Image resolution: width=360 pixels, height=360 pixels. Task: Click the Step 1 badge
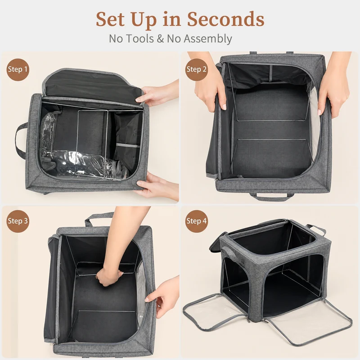pyautogui.click(x=18, y=69)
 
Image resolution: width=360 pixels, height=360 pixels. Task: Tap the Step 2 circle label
pyautogui.click(x=197, y=69)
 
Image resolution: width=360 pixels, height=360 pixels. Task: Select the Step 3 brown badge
pyautogui.click(x=18, y=221)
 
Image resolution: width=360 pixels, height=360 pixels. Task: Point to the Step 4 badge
pyautogui.click(x=197, y=221)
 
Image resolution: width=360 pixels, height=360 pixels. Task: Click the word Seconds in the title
pyautogui.click(x=226, y=19)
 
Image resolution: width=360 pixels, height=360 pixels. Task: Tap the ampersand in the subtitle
pyautogui.click(x=160, y=39)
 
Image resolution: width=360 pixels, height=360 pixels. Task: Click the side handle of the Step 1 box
pyautogui.click(x=21, y=140)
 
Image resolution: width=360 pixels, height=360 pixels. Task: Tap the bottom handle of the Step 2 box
pyautogui.click(x=272, y=197)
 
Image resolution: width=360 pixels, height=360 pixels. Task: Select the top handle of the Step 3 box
pyautogui.click(x=99, y=219)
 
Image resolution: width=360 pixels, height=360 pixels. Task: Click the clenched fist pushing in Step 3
pyautogui.click(x=109, y=276)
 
